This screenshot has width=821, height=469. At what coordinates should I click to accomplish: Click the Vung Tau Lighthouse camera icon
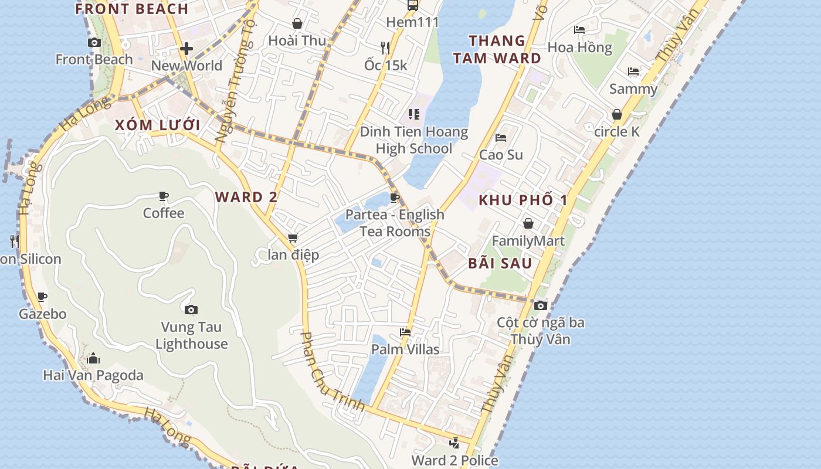191,310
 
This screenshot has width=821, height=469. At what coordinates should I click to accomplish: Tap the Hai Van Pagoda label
93,375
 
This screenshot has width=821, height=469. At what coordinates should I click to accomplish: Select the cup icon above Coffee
164,196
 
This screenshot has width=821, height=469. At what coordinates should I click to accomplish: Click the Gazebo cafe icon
42,297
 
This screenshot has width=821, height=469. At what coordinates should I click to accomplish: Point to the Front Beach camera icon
94,42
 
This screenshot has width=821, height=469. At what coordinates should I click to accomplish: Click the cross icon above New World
186,49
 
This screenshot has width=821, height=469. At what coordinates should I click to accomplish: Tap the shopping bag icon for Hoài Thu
297,23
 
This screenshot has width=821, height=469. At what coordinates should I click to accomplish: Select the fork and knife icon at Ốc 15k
385,47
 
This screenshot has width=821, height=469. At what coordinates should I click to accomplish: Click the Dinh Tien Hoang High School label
414,140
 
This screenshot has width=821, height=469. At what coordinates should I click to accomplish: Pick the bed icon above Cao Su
501,138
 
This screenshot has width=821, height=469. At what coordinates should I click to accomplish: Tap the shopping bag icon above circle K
617,114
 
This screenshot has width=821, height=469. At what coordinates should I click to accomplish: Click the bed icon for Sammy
633,72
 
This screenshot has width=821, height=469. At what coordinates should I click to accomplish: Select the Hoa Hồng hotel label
579,47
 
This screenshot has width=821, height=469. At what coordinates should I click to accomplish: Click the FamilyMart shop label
528,240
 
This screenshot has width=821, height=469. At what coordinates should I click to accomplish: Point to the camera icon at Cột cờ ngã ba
541,305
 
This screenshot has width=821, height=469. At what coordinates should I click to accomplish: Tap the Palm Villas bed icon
405,332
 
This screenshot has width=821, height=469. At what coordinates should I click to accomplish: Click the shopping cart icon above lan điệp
293,237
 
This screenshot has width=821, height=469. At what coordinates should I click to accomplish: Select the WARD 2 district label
246,197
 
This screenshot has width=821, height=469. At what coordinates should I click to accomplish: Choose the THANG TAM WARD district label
497,49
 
